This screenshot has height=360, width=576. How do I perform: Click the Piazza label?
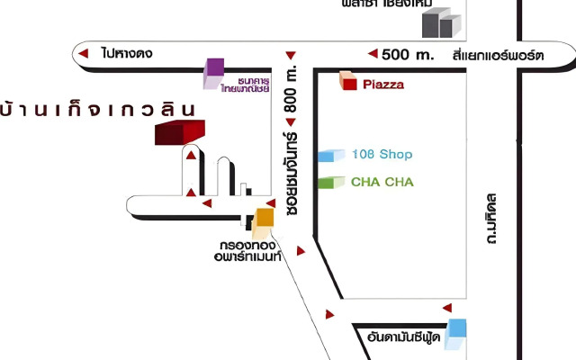pyautogui.click(x=384, y=85)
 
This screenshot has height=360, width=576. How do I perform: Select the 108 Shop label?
pyautogui.click(x=382, y=154)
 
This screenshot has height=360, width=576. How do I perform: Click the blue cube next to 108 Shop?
pyautogui.click(x=330, y=155)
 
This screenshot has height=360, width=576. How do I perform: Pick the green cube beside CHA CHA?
pyautogui.click(x=330, y=182)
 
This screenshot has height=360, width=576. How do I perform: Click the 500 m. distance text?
pyautogui.click(x=408, y=54)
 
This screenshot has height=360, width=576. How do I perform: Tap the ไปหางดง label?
pyautogui.click(x=127, y=54)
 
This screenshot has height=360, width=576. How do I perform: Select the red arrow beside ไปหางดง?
pyautogui.click(x=83, y=55)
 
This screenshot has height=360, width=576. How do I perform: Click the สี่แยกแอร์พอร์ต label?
pyautogui.click(x=499, y=55)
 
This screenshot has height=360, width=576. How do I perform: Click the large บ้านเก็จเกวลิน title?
pyautogui.click(x=98, y=109)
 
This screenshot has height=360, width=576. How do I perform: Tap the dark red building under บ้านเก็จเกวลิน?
pyautogui.click(x=177, y=133)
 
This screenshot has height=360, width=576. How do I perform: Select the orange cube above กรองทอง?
pyautogui.click(x=265, y=217)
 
